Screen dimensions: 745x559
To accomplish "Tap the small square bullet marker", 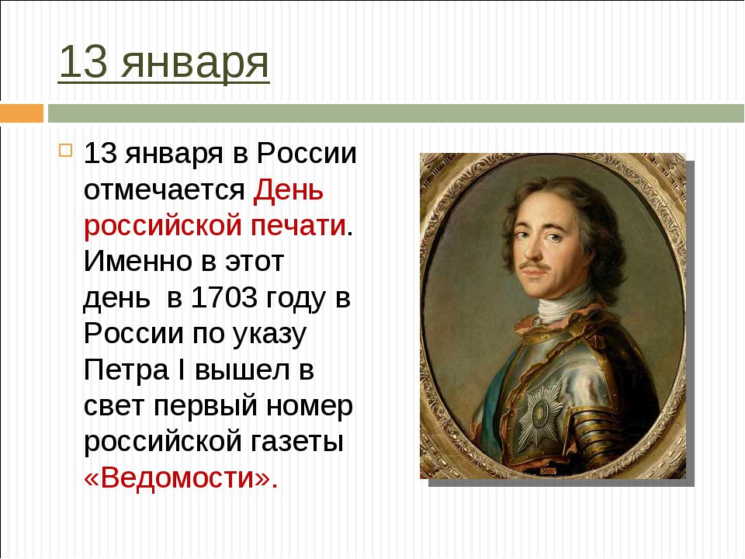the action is point(65,151).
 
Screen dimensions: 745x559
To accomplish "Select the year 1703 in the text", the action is point(223,297).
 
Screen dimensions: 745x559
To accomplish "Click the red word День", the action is point(289,189).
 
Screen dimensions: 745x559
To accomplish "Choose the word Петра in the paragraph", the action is point(126,371).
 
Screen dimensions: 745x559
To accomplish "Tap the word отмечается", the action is point(164,190).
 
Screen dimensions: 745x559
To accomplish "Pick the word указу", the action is point(269,335).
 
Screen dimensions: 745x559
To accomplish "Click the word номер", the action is point(310,406).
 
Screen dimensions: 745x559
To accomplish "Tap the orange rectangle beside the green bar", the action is point(22,113).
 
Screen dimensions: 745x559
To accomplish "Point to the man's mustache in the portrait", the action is point(535,266).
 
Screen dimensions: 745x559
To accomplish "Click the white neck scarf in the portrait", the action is point(563,304).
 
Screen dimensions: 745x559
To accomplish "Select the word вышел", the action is point(242,370).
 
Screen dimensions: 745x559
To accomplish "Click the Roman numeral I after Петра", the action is point(181,370).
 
